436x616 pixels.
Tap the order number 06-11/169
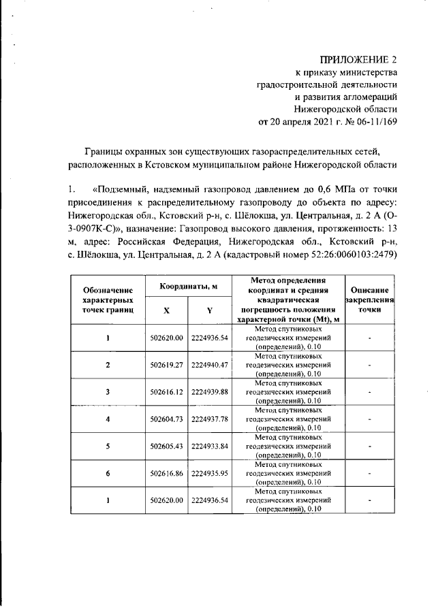coord(371,123)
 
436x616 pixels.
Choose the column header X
coord(167,310)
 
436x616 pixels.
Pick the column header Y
coord(210,310)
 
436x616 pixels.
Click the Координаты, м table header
coord(188,287)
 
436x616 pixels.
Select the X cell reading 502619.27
coord(167,365)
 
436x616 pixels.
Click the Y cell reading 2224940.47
coord(210,365)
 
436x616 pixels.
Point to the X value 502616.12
coord(167,392)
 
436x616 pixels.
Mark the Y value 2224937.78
coord(210,419)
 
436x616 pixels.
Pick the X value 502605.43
coord(167,446)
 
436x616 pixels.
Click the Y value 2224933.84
coord(210,446)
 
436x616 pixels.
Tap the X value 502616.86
coord(167,472)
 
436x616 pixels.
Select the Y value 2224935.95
coord(210,472)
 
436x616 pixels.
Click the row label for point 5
coord(108,446)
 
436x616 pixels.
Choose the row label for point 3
coord(108,392)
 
